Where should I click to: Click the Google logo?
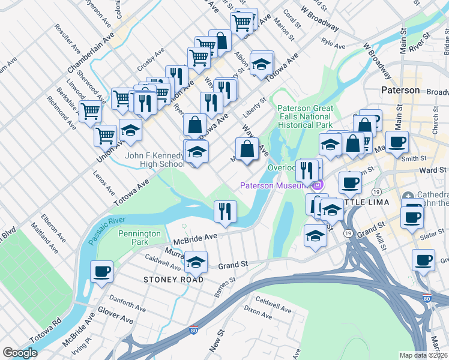click(20, 353)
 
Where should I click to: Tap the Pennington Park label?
click(141, 238)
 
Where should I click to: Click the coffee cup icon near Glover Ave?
click(101, 271)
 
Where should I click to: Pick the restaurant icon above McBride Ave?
click(226, 211)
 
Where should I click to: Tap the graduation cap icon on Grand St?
click(196, 262)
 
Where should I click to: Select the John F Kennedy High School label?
click(154, 160)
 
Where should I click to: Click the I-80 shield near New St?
click(193, 330)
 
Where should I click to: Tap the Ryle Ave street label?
click(333, 44)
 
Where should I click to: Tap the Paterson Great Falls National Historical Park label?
click(304, 116)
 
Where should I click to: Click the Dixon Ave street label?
click(259, 312)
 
